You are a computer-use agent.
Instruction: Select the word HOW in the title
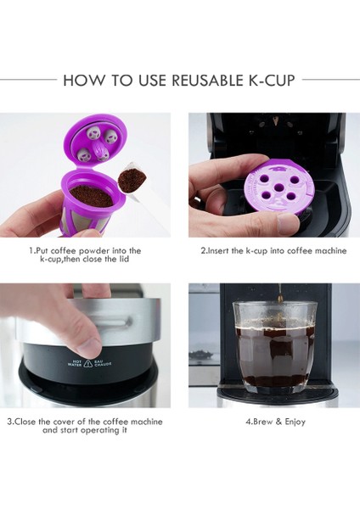pyautogui.click(x=82, y=81)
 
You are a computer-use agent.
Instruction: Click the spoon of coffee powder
pyautogui.click(x=132, y=179)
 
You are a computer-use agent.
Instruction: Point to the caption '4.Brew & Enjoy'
pyautogui.click(x=275, y=422)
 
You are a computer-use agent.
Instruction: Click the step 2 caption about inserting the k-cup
pyautogui.click(x=273, y=251)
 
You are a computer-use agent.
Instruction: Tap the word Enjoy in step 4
pyautogui.click(x=291, y=422)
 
